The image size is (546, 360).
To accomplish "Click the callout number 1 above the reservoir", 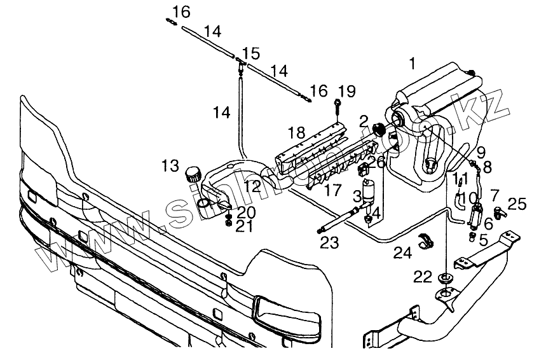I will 413,64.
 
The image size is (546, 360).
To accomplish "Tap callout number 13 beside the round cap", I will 170,166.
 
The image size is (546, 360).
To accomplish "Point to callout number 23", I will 329,242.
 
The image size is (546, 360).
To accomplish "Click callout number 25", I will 517,204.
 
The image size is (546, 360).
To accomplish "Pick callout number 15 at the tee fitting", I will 250,52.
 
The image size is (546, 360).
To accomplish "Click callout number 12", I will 252,186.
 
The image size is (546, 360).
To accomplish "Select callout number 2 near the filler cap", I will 364,120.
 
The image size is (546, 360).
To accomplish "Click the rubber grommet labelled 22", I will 445,277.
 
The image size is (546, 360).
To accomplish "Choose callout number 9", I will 481,153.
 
